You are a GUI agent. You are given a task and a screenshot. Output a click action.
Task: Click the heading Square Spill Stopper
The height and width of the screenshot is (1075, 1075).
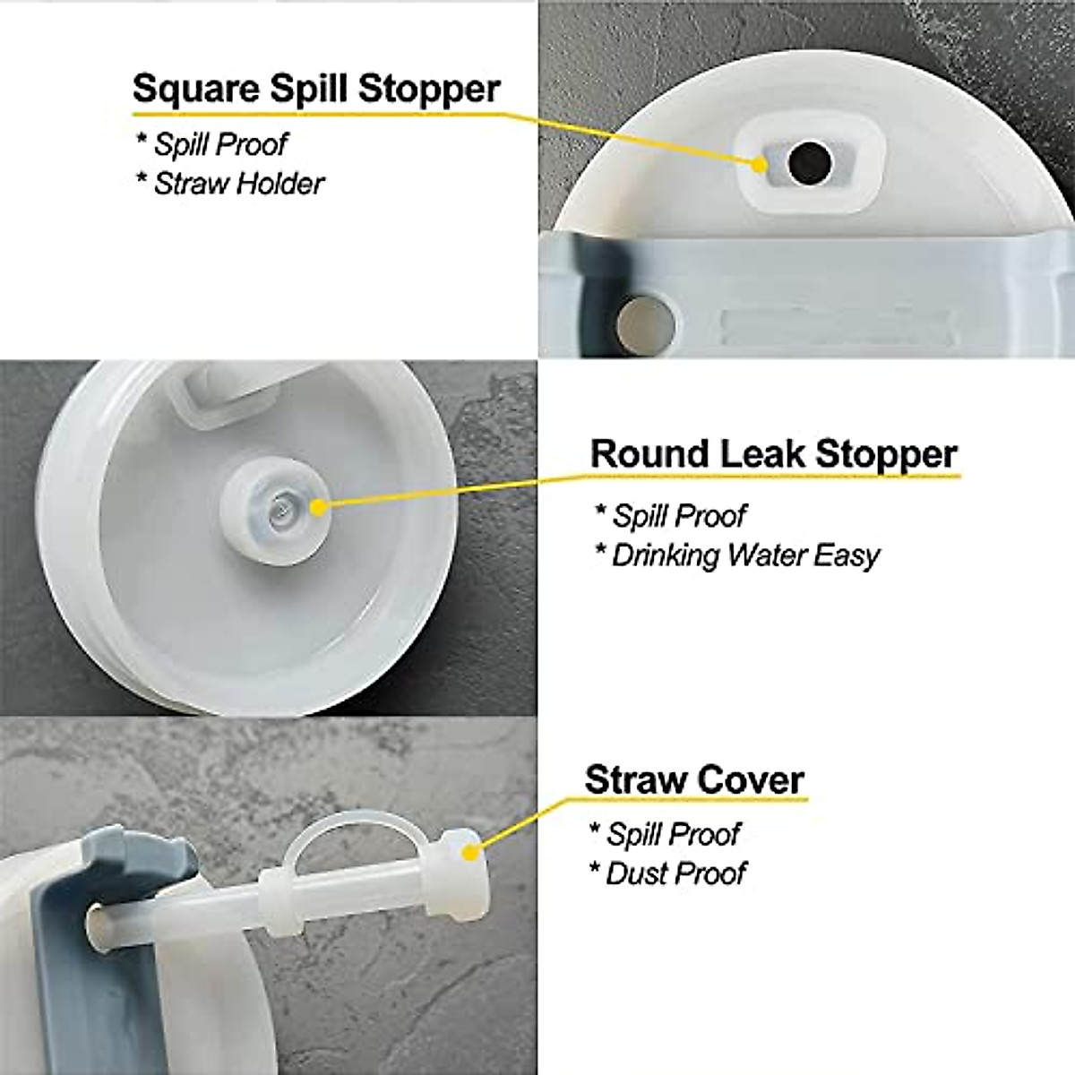click(x=315, y=90)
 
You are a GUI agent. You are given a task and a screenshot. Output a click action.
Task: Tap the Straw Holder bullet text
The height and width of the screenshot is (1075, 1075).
click(x=238, y=184)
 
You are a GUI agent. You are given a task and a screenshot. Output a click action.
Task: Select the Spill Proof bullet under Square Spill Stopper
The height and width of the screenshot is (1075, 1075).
click(x=220, y=144)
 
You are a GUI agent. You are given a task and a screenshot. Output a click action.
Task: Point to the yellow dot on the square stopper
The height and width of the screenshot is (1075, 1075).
click(x=761, y=164)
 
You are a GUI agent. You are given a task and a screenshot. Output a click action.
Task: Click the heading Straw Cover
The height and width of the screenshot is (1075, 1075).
click(x=694, y=779)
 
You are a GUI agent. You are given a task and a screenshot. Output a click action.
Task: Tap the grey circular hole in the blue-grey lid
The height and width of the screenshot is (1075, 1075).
click(x=637, y=320)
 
